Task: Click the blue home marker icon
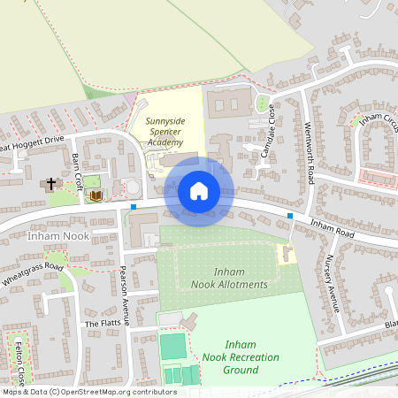pyautogui.click(x=199, y=191)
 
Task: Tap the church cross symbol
pyautogui.click(x=51, y=184)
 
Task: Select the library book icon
pyautogui.click(x=96, y=194)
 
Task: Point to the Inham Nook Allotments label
pyautogui.click(x=228, y=278)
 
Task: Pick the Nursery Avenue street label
pyautogui.click(x=333, y=283)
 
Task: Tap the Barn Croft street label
pyautogui.click(x=77, y=165)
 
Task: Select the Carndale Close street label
pyautogui.click(x=267, y=137)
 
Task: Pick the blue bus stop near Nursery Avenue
pyautogui.click(x=290, y=215)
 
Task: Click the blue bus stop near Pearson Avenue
pyautogui.click(x=134, y=207)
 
